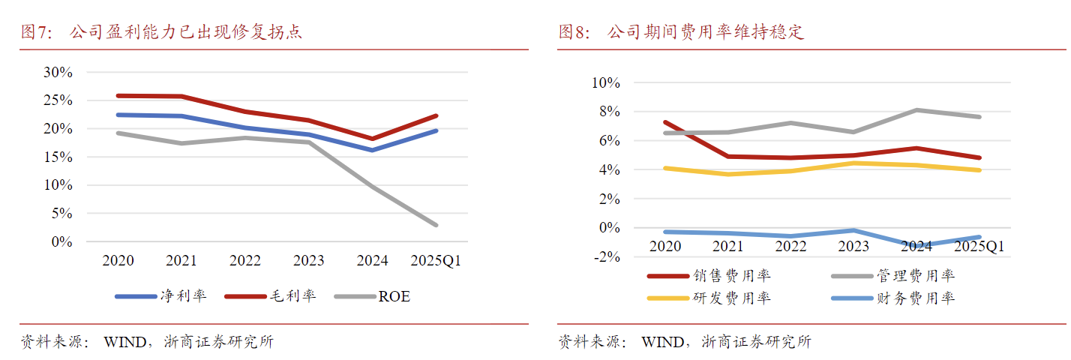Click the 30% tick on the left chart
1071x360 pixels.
point(58,73)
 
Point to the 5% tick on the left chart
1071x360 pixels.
point(61,214)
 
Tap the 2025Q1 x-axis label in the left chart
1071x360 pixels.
point(436,261)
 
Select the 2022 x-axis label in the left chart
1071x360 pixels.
point(245,261)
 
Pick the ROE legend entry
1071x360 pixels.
point(394,296)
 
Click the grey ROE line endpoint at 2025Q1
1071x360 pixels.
point(436,225)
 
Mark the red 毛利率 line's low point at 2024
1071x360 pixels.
point(373,139)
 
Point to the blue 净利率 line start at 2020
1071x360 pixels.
point(118,115)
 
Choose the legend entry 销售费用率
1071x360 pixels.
point(732,277)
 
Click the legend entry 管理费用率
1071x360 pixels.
point(916,277)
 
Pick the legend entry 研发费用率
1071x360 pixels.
point(732,298)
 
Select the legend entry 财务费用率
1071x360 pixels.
point(916,298)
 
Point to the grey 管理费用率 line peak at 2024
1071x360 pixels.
point(916,110)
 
